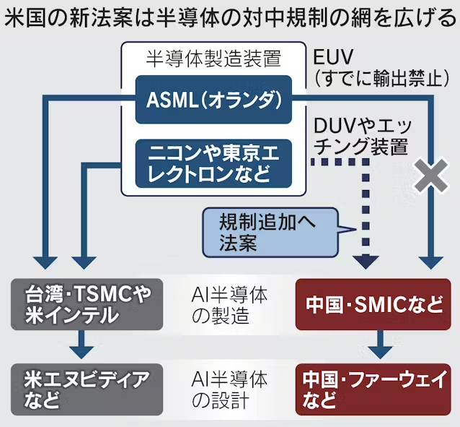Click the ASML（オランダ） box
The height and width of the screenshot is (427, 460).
pyautogui.click(x=213, y=100)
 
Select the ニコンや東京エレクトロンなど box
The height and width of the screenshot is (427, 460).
pyautogui.click(x=213, y=163)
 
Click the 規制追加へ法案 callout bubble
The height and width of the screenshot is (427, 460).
pyautogui.click(x=270, y=233)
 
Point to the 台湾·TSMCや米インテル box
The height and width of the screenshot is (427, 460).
pyautogui.click(x=87, y=304)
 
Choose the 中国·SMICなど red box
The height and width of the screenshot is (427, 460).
pyautogui.click(x=373, y=304)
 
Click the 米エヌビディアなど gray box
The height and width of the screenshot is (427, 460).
pyautogui.click(x=87, y=389)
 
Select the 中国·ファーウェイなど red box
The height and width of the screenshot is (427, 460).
pyautogui.click(x=373, y=389)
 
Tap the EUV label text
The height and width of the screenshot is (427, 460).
pyautogui.click(x=333, y=57)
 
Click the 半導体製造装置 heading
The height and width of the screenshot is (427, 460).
pyautogui.click(x=213, y=59)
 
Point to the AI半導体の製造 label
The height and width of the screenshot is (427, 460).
pyautogui.click(x=229, y=305)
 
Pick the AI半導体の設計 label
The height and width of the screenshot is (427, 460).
pyautogui.click(x=229, y=390)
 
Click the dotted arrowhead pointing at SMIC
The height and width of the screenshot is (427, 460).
pyautogui.click(x=366, y=262)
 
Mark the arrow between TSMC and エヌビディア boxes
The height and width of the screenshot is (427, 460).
pyautogui.click(x=81, y=345)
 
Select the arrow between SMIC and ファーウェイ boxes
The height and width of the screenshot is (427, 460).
pyautogui.click(x=381, y=345)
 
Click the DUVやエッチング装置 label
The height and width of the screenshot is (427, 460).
pyautogui.click(x=363, y=137)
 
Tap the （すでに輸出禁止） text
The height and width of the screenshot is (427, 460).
pyautogui.click(x=381, y=79)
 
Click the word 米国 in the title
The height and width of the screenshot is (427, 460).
pyautogui.click(x=26, y=18)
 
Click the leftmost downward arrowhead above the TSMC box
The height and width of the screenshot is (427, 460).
pyautogui.click(x=45, y=262)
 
